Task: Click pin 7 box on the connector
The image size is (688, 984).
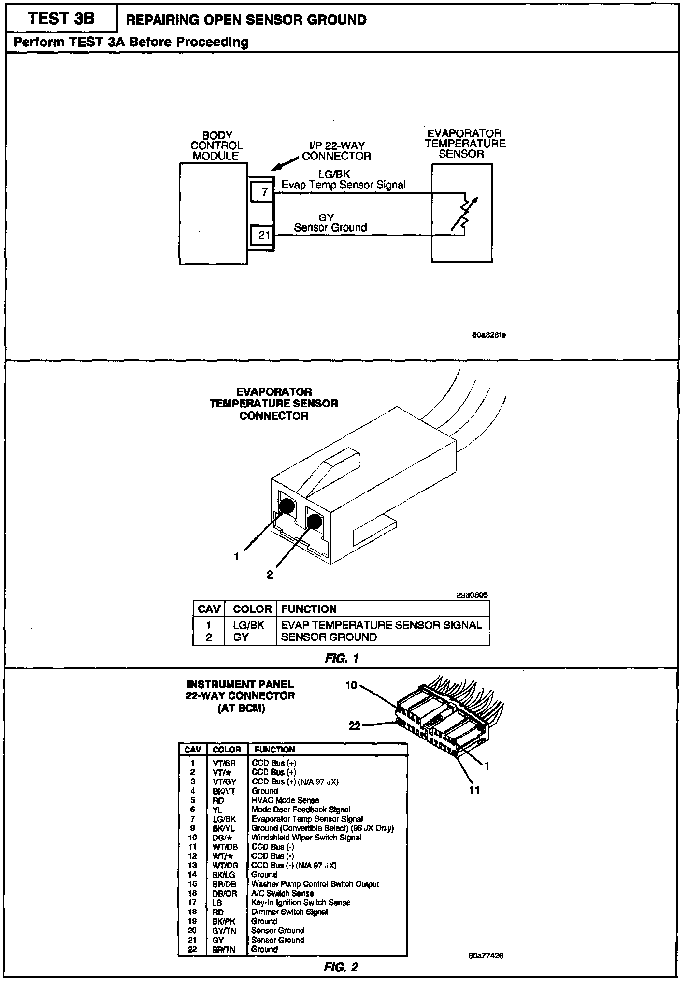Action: tap(263, 192)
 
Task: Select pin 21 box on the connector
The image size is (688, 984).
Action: tap(263, 235)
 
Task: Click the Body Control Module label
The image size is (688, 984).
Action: tap(216, 145)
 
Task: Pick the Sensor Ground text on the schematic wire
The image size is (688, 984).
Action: tap(330, 227)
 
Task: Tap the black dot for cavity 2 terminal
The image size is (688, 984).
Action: tap(315, 522)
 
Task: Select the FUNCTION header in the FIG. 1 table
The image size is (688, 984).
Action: tap(309, 609)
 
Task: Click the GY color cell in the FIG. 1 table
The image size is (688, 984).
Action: tap(241, 637)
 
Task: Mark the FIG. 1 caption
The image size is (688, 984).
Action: tap(342, 658)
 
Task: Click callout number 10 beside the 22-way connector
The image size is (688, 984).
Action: tap(351, 685)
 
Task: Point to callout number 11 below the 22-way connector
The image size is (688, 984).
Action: tap(474, 790)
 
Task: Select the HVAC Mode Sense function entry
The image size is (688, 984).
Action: tap(285, 800)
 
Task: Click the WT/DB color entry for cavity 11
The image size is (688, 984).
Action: tap(225, 847)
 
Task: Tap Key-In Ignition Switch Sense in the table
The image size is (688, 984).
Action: tap(301, 902)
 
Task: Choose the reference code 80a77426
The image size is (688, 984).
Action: tap(486, 956)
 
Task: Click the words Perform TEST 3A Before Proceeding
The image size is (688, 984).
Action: tap(131, 42)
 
